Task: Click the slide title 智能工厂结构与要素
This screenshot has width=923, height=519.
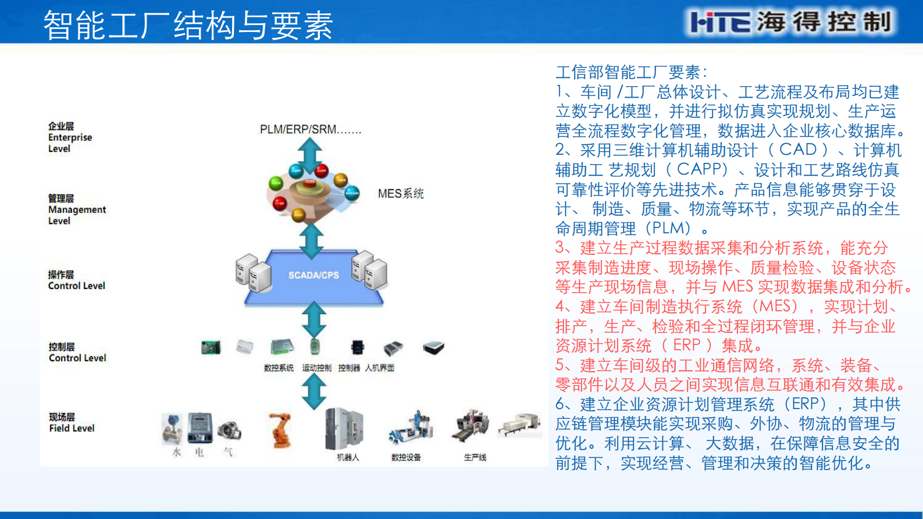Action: point(188,26)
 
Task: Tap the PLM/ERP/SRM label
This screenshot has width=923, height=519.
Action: point(310,129)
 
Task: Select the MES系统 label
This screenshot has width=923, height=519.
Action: point(401,193)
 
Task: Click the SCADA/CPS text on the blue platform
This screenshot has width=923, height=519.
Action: point(313,275)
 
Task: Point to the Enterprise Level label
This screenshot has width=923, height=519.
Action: point(70,137)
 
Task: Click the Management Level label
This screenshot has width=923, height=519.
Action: point(77,209)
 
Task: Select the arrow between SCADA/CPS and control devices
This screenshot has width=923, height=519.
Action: point(314,319)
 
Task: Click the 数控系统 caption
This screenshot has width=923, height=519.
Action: point(279,368)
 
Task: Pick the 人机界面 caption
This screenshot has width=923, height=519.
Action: point(380,368)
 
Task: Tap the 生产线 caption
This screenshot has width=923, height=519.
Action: point(475,457)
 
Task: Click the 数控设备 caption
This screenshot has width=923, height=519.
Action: point(406,457)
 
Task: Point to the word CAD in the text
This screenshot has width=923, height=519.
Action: point(798,150)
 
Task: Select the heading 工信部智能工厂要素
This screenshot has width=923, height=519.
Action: point(630,72)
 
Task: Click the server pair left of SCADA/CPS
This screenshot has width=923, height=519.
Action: point(254,272)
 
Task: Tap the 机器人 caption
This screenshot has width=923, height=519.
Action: point(348,457)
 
